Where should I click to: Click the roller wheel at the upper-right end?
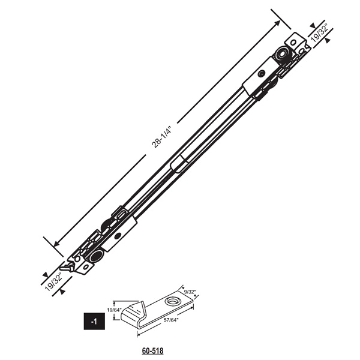281,56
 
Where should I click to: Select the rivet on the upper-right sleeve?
260,73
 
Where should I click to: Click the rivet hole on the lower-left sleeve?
118,235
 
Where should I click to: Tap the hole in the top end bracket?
294,43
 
